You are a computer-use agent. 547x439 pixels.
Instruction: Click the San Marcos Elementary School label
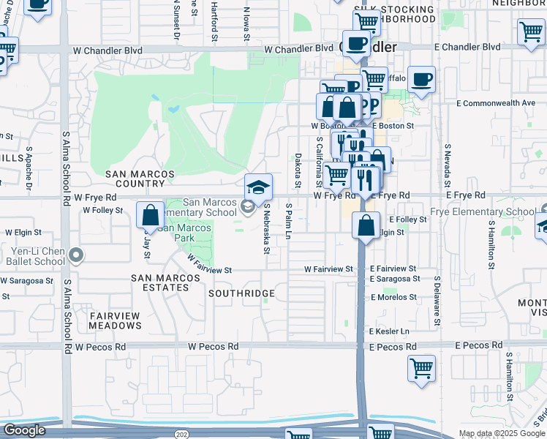point(210,208)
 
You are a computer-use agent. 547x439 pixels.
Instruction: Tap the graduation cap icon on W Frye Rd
point(258,189)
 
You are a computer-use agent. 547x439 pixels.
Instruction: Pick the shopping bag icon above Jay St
point(150,216)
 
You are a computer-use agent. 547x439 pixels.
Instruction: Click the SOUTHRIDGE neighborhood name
point(241,293)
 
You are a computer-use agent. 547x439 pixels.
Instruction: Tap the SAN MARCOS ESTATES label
point(160,282)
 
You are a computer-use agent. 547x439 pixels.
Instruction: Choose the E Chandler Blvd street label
point(467,47)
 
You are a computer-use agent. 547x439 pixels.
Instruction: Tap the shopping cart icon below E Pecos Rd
point(421,369)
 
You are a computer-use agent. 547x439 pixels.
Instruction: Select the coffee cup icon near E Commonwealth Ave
point(420,80)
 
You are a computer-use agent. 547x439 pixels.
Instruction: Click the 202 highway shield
point(180,434)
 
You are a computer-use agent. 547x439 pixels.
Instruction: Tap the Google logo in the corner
point(24,430)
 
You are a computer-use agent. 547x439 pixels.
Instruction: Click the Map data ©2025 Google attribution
point(502,434)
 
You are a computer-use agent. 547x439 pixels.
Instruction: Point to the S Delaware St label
point(437,300)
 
